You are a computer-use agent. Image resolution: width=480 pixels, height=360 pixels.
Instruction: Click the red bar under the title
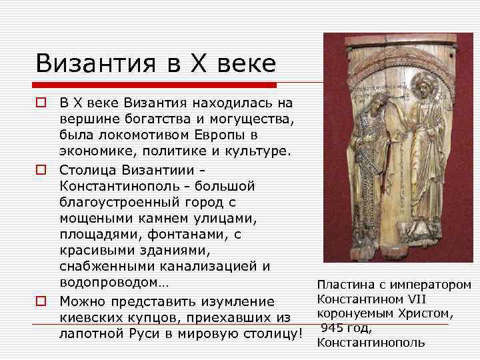tap(157, 85)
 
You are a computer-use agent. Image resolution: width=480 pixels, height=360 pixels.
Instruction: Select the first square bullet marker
tap(41, 103)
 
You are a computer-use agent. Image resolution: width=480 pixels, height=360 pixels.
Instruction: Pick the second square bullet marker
tap(41, 167)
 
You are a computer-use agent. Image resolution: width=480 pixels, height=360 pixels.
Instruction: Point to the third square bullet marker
tap(41, 301)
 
